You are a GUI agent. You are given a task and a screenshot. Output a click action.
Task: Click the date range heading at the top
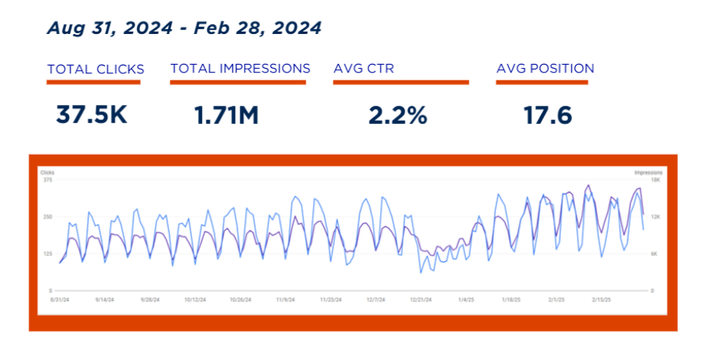coord(184,28)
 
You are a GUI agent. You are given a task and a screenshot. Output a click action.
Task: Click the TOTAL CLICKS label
coord(94,69)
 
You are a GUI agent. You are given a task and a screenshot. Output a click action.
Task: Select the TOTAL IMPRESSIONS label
coord(240,69)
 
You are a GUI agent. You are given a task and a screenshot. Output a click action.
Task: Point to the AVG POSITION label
coord(545,69)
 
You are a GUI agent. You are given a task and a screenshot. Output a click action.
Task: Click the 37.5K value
coord(92,115)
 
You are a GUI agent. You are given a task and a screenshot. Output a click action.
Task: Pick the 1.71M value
coord(227,115)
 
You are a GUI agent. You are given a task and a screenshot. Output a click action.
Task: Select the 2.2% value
coord(397,115)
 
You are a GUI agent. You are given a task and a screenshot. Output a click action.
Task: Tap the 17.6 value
coord(547,115)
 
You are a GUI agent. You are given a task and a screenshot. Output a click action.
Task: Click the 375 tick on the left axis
coord(47,180)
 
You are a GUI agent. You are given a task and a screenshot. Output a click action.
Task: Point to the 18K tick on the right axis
coord(655,180)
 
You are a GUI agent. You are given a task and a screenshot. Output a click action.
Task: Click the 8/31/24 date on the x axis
coord(61,300)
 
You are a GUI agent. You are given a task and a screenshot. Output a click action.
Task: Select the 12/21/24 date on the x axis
coord(421,300)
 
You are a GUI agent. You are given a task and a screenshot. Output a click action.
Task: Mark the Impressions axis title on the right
coord(647,171)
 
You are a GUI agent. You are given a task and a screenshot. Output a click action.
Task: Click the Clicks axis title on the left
coord(47,171)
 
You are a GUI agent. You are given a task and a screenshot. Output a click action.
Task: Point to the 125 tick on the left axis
coord(47,253)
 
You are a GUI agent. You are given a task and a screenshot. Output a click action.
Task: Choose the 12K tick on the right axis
coord(655,216)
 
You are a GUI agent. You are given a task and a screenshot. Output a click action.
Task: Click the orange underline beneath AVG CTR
coord(401,81)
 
